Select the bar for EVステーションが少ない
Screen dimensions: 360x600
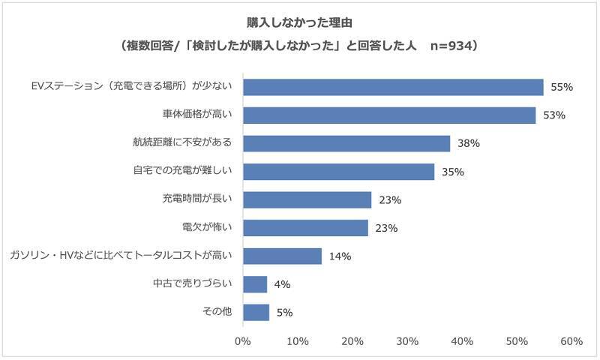click(393, 87)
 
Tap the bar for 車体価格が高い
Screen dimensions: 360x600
click(389, 115)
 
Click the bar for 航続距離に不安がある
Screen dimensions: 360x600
click(346, 143)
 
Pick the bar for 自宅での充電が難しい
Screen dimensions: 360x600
click(339, 172)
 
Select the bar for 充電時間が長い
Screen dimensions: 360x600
click(307, 199)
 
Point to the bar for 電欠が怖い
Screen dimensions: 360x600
click(306, 228)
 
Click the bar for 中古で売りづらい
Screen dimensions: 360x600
click(255, 284)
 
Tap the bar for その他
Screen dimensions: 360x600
click(256, 312)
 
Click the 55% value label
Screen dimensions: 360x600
click(562, 87)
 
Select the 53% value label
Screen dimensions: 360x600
click(554, 115)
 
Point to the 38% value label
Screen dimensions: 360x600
click(469, 143)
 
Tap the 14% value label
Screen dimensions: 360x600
click(340, 256)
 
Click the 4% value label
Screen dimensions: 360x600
click(283, 284)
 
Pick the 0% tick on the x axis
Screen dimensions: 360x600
click(243, 341)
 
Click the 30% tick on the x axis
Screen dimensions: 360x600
click(407, 341)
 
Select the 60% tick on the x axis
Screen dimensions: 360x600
click(571, 341)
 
